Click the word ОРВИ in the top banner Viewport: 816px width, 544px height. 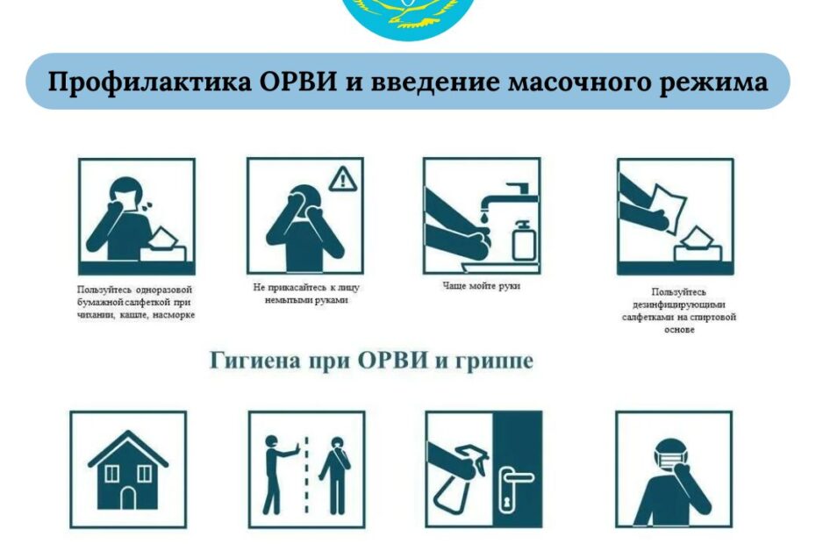point(297,82)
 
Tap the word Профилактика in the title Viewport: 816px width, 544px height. point(150,82)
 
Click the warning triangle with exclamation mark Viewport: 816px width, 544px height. point(342,179)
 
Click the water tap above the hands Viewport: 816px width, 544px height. point(509,197)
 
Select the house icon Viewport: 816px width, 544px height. point(128,469)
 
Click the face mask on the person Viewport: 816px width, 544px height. point(672,459)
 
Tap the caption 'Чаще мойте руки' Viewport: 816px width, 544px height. point(482,286)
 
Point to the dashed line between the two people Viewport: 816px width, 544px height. point(306,475)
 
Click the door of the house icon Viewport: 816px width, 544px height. point(128,498)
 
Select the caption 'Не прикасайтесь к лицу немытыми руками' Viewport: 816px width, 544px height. point(306,294)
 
